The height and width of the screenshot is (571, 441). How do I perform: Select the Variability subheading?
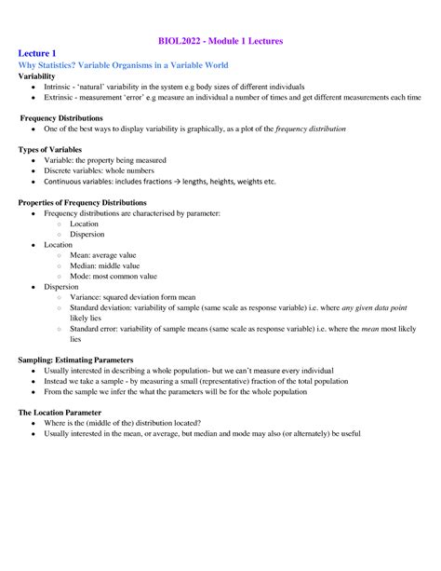coord(41,76)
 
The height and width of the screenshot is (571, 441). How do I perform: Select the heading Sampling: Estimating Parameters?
coord(76,360)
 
